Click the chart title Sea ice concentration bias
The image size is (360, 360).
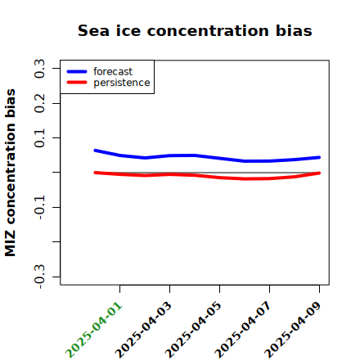(195, 30)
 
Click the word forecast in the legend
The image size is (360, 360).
(113, 72)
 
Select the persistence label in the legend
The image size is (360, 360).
(122, 83)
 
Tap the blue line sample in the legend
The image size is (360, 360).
(77, 71)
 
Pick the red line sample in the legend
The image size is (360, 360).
(77, 83)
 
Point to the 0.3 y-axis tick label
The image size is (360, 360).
(39, 69)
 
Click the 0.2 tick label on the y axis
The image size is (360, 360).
(39, 103)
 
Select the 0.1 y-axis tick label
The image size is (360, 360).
(39, 138)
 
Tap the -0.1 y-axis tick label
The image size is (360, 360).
(39, 208)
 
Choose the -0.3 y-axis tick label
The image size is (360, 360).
(39, 277)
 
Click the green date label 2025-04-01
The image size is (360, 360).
(93, 330)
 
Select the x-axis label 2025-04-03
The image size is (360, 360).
(143, 330)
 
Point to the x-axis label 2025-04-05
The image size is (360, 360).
(193, 330)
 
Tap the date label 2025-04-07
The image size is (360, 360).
(243, 330)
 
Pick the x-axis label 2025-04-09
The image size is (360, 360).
(293, 330)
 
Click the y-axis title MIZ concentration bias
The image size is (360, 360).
(11, 173)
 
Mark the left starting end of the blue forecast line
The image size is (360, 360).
(95, 151)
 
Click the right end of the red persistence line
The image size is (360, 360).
(319, 173)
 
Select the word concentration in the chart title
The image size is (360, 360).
(208, 31)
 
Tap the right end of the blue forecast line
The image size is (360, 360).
(319, 157)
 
